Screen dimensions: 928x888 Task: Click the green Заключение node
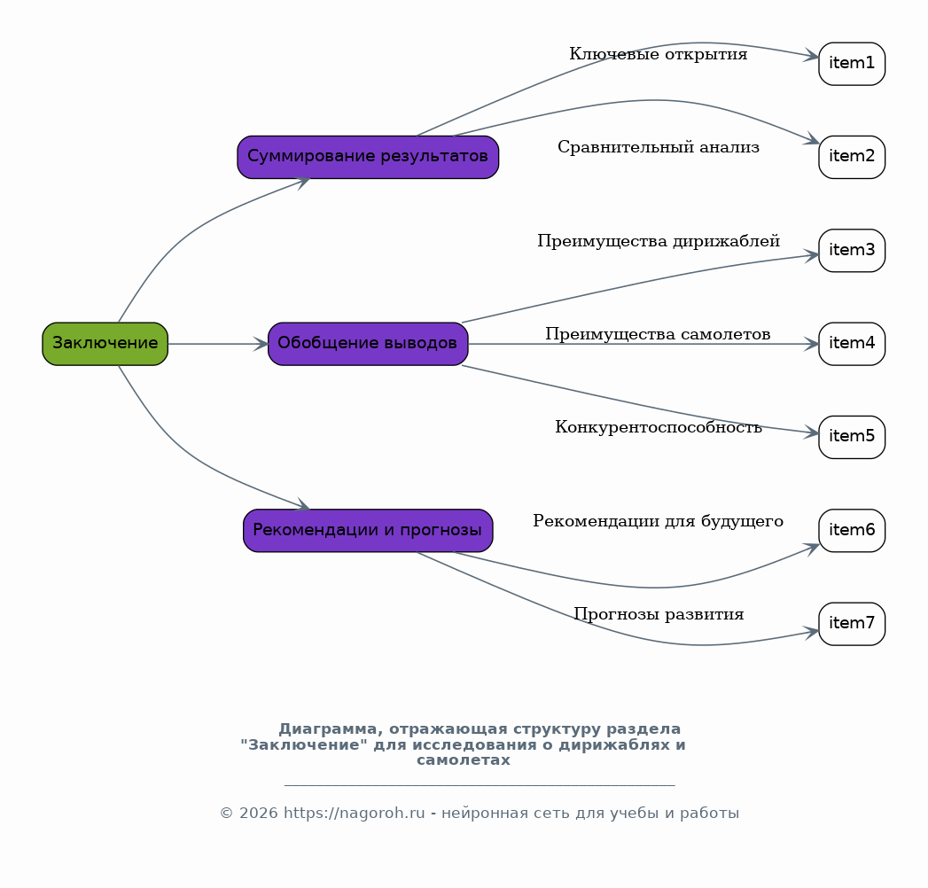click(x=105, y=344)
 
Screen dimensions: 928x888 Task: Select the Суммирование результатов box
click(x=368, y=157)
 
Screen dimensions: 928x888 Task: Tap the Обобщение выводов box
click(x=368, y=344)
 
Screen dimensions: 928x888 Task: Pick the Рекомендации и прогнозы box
click(x=368, y=531)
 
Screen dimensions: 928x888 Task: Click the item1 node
click(x=852, y=64)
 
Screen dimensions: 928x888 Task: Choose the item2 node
click(x=852, y=157)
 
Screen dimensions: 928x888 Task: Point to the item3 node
click(x=852, y=250)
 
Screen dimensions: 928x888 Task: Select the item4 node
click(x=852, y=344)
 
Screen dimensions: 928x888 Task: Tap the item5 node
click(x=852, y=437)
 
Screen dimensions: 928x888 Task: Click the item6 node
click(x=852, y=531)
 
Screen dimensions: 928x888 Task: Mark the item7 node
click(x=852, y=624)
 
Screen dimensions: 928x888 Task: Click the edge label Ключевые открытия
click(x=659, y=54)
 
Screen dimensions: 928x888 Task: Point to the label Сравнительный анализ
click(x=659, y=147)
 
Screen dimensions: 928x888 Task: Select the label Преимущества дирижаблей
click(x=659, y=241)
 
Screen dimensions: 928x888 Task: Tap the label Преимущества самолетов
click(x=658, y=334)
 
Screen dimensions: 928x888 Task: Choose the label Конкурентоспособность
click(x=659, y=427)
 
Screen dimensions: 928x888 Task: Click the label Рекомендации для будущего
click(x=659, y=521)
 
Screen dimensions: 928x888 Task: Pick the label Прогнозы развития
click(x=659, y=615)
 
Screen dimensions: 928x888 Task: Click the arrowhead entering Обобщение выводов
click(x=261, y=344)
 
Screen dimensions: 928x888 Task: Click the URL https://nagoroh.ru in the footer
click(x=354, y=814)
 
